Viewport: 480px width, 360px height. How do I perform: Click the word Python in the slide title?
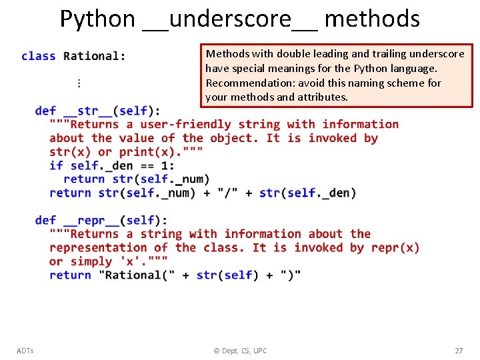pyautogui.click(x=97, y=19)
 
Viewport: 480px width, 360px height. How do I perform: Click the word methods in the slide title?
pyautogui.click(x=372, y=19)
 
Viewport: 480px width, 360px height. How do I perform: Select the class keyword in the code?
pyautogui.click(x=39, y=56)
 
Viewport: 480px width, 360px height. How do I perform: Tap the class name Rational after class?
pyautogui.click(x=94, y=56)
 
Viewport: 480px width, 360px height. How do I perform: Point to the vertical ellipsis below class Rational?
pyautogui.click(x=79, y=83)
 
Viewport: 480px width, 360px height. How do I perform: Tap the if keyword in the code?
pyautogui.click(x=56, y=165)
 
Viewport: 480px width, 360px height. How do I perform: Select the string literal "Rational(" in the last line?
pyautogui.click(x=138, y=275)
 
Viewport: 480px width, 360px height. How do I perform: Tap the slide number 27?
pyautogui.click(x=459, y=351)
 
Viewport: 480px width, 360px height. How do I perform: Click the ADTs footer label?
pyautogui.click(x=25, y=351)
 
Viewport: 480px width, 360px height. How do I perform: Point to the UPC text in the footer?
pyautogui.click(x=259, y=351)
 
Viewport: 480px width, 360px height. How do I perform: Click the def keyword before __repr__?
pyautogui.click(x=46, y=220)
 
